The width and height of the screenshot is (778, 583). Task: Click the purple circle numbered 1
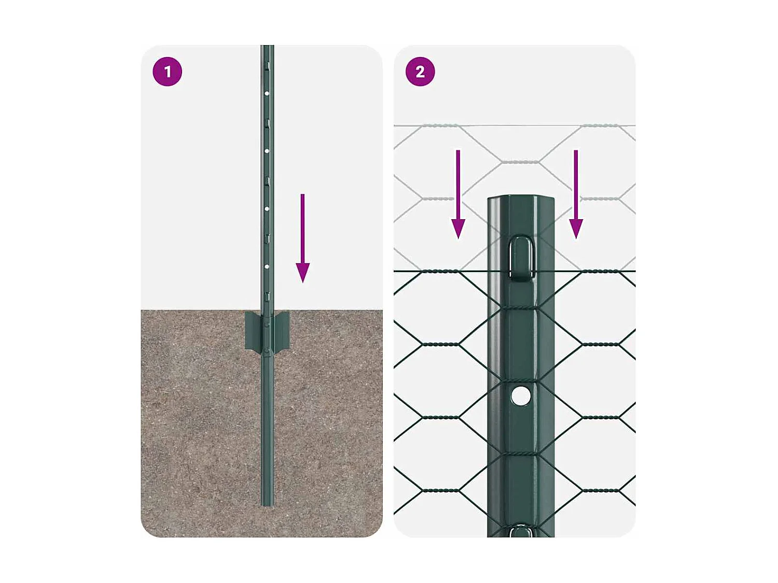pyautogui.click(x=167, y=72)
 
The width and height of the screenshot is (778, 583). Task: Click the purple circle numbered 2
pyautogui.click(x=420, y=72)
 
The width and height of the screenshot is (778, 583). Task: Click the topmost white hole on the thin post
pyautogui.click(x=267, y=94)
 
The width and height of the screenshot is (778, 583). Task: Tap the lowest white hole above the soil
pyautogui.click(x=267, y=266)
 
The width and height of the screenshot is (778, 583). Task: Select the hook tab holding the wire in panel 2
pyautogui.click(x=521, y=258)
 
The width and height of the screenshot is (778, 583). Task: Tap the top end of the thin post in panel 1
pyautogui.click(x=267, y=48)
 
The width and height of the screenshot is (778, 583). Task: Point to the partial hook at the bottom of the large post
pyautogui.click(x=520, y=531)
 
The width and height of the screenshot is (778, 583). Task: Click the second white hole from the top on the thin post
pyautogui.click(x=267, y=151)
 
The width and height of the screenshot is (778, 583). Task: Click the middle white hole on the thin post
pyautogui.click(x=267, y=208)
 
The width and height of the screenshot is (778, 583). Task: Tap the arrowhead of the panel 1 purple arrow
pyautogui.click(x=302, y=272)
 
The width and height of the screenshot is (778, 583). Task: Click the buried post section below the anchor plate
pyautogui.click(x=267, y=425)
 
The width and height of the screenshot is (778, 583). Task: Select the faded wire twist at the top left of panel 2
pyautogui.click(x=440, y=125)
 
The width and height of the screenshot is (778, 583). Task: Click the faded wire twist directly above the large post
pyautogui.click(x=520, y=162)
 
